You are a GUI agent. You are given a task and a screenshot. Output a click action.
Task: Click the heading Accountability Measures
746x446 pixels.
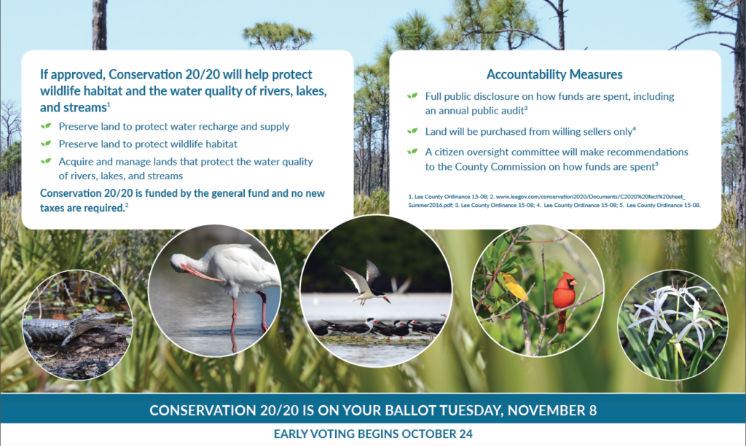554,74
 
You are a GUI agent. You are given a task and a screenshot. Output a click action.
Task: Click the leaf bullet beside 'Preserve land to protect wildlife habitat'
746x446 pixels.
46,144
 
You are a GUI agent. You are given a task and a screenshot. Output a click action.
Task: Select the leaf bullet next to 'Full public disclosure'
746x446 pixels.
412,96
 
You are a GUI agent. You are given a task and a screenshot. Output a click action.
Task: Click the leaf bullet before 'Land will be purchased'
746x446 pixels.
412,131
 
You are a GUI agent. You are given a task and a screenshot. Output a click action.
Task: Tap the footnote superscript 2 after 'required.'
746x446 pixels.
127,206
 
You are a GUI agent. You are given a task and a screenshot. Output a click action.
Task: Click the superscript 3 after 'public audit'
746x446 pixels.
526,109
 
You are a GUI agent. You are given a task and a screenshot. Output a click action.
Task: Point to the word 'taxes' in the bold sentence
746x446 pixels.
52,208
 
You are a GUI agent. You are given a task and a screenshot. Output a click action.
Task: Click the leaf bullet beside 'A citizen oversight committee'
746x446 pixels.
412,152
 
